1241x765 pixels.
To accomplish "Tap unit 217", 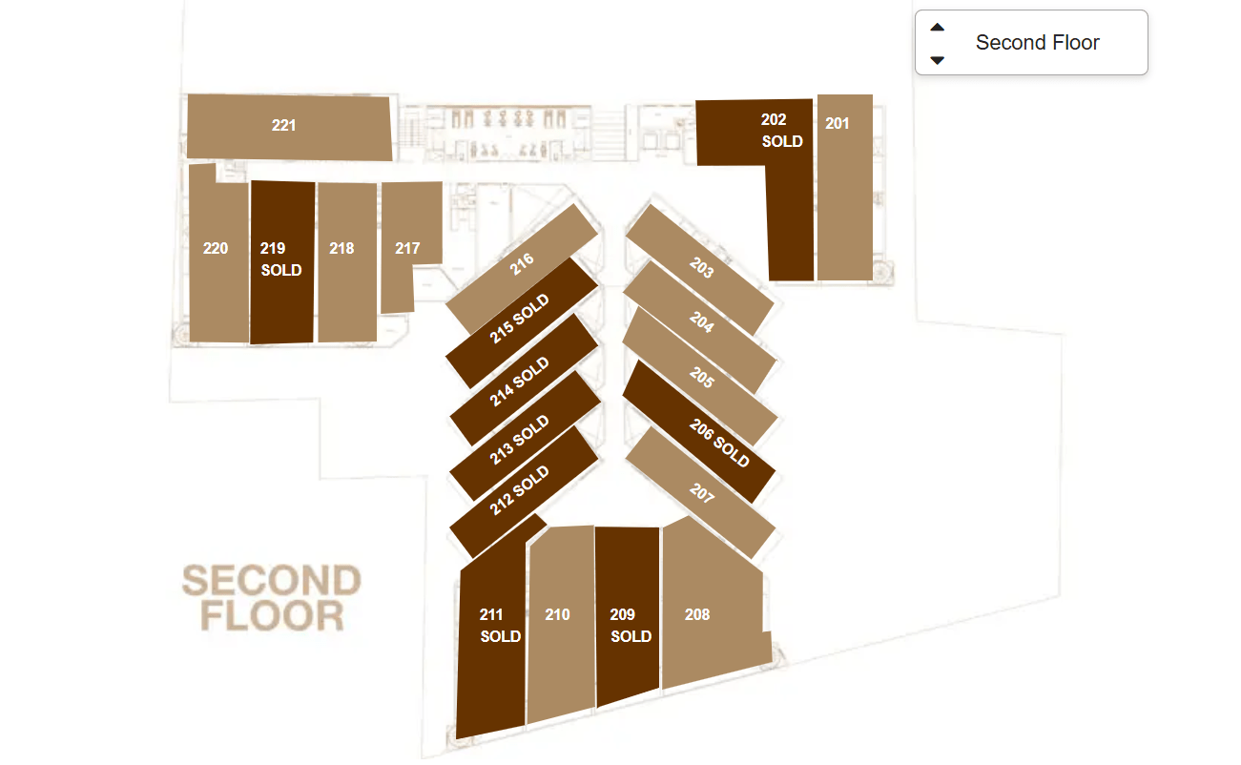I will pos(407,248).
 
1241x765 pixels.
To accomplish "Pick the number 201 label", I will pos(837,123).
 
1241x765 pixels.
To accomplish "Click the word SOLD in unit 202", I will pos(782,141).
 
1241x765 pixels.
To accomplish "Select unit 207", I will pos(701,493).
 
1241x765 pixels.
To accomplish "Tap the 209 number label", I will pos(622,614).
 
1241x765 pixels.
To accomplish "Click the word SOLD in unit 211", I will pos(501,636).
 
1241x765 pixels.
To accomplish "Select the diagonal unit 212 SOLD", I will pos(520,490).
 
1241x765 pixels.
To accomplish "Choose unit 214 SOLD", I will pos(520,382).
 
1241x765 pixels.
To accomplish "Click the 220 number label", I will pos(216,248).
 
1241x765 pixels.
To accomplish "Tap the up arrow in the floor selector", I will pos(938,28).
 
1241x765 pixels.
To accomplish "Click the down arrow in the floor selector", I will pos(938,59).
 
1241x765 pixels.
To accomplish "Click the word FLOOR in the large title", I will pos(272,615).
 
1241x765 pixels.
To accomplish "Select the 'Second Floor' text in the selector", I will pos(1037,43).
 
